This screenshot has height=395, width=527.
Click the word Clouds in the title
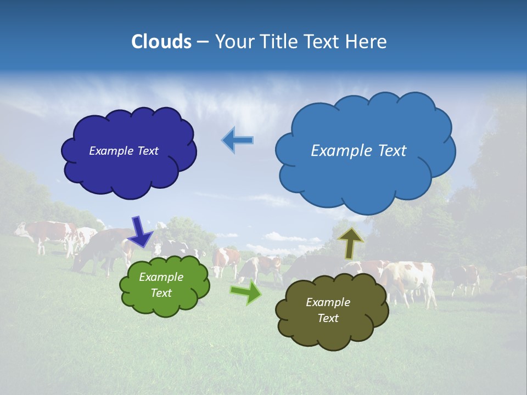(x=161, y=42)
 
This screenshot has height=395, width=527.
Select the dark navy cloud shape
(x=129, y=170)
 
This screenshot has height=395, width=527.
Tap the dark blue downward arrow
(x=141, y=231)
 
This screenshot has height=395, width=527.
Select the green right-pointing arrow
(x=246, y=292)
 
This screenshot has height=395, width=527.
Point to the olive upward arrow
(x=350, y=243)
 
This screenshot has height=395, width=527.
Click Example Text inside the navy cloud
(x=124, y=151)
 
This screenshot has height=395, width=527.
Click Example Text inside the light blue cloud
(x=358, y=151)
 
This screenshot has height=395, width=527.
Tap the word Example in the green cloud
(x=161, y=277)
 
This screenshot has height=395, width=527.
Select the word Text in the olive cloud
(x=328, y=318)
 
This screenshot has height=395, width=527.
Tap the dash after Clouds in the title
(x=202, y=42)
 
